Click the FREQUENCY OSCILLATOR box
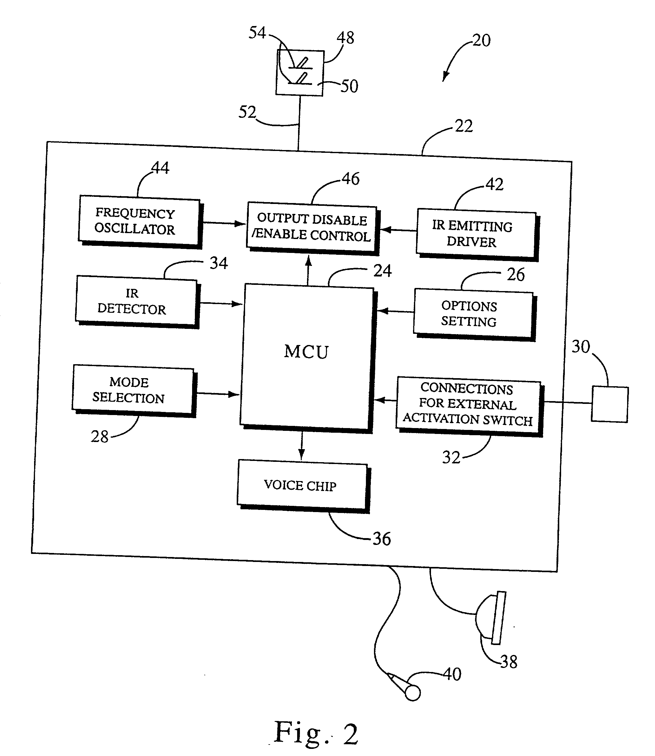coord(139,221)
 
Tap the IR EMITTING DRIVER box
coord(476,234)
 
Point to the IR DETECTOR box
coord(136,301)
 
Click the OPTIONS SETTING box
coord(473,314)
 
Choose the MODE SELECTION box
coord(133,391)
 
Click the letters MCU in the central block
coord(306,352)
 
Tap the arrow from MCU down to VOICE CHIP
coord(301,446)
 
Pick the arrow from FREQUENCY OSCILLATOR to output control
coord(223,223)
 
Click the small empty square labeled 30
coord(610,404)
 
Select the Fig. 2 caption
coord(316,733)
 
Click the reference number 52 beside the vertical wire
coord(247,112)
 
